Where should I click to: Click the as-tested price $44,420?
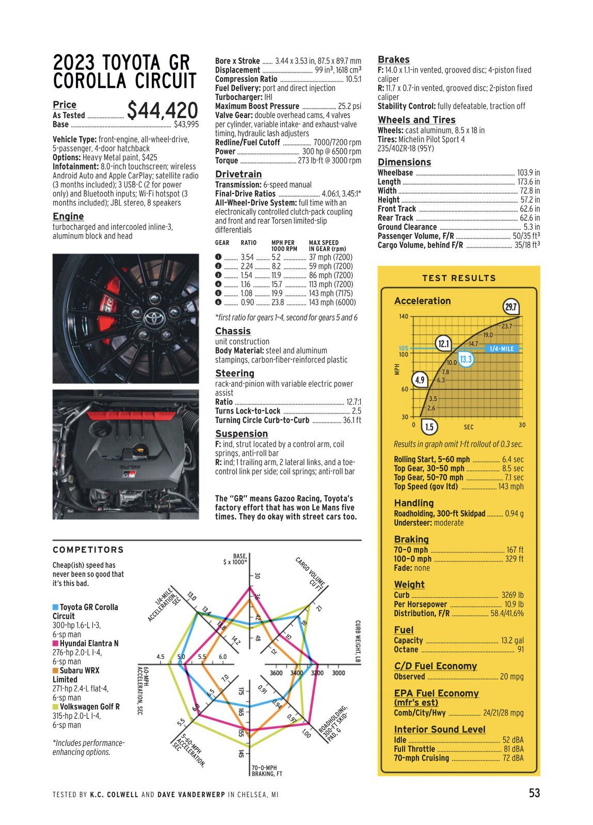point(163,111)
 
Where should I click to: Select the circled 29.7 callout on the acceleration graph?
point(510,307)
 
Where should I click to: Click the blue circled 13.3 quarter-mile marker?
point(466,359)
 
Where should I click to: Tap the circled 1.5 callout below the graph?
point(429,427)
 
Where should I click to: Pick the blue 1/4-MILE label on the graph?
point(501,349)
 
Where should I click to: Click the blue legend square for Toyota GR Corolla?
point(55,607)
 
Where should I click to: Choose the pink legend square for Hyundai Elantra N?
point(55,643)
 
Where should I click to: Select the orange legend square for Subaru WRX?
point(55,671)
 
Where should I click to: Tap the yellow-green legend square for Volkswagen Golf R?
point(55,707)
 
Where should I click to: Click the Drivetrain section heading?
point(238,174)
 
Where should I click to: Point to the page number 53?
point(534,793)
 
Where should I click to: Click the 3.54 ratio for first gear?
point(247,257)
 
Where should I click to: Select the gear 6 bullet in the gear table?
point(218,302)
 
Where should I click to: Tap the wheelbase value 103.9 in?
point(528,173)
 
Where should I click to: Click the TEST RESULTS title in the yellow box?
point(459,278)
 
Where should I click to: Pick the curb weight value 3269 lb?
point(512,595)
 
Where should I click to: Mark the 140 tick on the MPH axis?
point(403,317)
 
